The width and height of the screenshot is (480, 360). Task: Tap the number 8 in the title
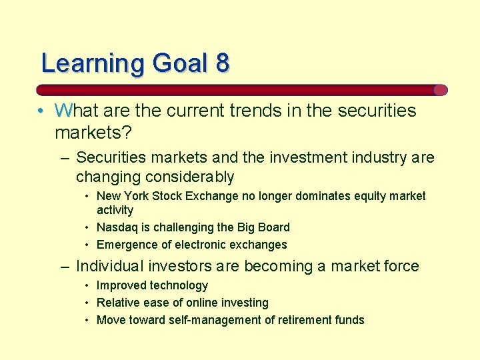222,63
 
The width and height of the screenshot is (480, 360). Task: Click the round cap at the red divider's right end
440,90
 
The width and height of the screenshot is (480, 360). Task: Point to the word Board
274,227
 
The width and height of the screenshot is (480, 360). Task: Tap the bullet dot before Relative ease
88,303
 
